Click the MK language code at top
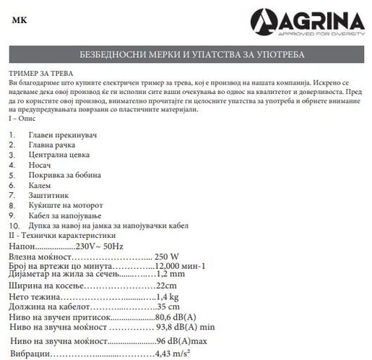click(x=20, y=20)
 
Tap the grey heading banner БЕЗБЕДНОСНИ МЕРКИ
click(x=186, y=56)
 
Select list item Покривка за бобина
click(x=65, y=175)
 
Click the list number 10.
click(x=14, y=226)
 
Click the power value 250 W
click(x=167, y=257)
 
